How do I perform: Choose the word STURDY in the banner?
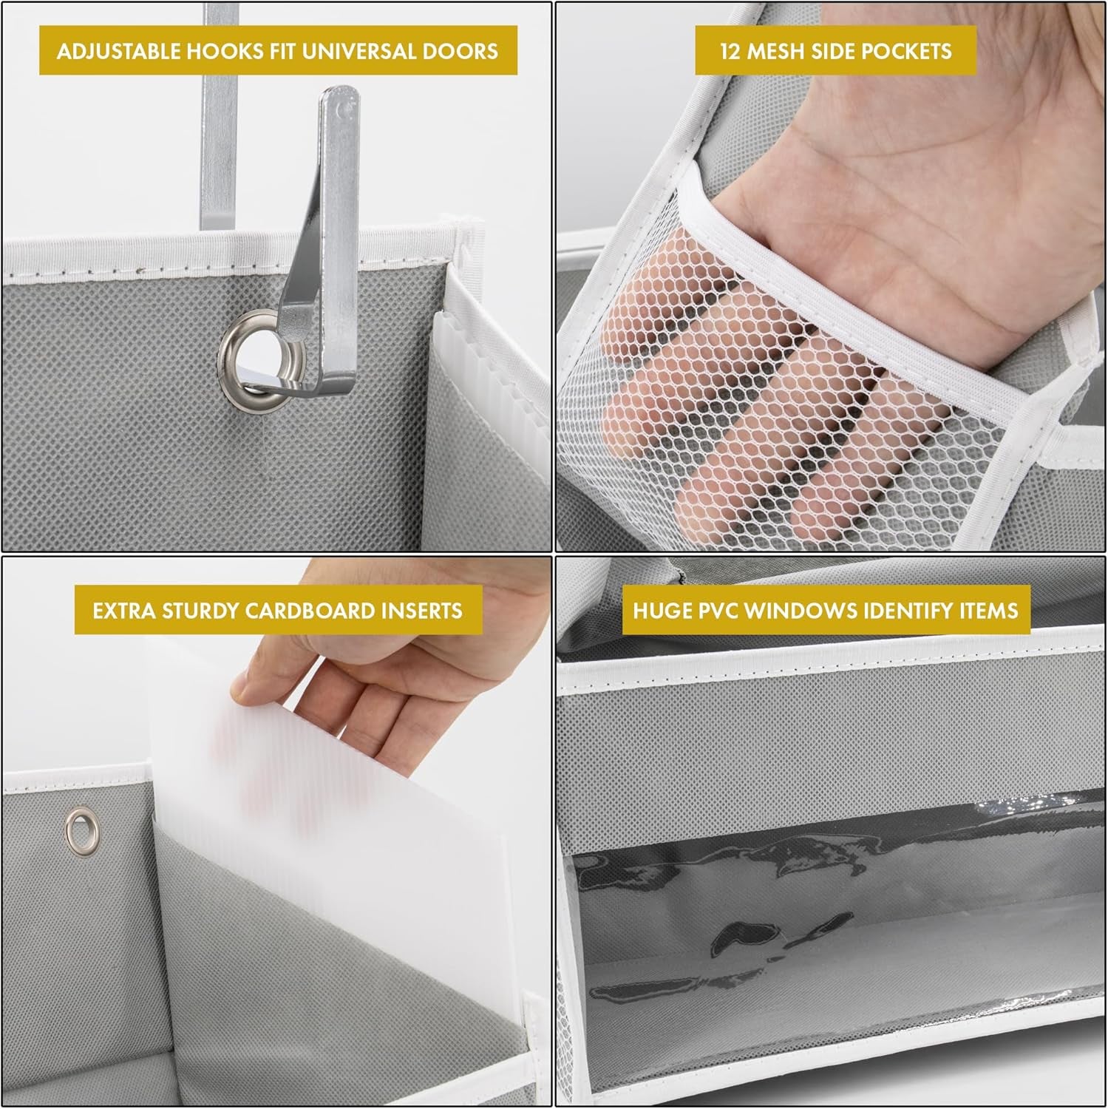click(x=194, y=611)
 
